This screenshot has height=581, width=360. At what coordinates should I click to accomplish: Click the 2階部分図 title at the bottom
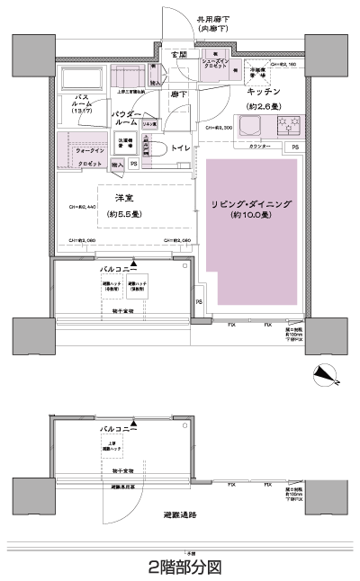tap(184, 567)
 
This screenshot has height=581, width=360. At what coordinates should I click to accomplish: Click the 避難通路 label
tap(180, 514)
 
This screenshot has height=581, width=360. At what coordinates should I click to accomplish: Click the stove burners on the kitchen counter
tap(291, 127)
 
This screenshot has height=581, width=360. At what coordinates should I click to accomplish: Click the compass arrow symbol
tap(321, 372)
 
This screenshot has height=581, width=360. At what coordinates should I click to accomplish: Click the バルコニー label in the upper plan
tap(119, 268)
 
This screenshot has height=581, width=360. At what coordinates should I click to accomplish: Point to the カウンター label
tap(260, 146)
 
